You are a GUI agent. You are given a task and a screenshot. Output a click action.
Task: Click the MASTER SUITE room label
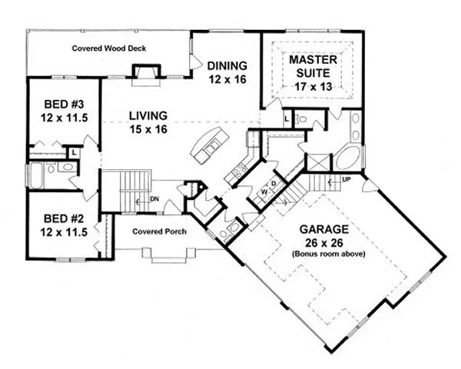313,66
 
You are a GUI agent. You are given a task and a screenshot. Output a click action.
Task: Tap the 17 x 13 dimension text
313,87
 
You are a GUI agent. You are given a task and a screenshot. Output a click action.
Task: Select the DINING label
227,65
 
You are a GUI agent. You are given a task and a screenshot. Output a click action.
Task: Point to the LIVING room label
148,115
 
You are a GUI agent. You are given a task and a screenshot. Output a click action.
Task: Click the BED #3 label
64,105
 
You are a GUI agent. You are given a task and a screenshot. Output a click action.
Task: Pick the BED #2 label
64,218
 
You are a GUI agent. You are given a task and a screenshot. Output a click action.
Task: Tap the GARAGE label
324,229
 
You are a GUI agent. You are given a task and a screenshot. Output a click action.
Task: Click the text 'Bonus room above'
328,254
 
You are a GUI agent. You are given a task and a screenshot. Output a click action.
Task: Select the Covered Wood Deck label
109,48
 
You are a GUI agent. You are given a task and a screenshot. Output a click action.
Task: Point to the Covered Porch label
159,231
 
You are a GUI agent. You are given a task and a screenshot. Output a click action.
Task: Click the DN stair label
154,199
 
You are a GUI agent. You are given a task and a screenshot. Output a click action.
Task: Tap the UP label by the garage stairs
347,179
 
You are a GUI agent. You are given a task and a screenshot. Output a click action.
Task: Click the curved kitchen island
210,145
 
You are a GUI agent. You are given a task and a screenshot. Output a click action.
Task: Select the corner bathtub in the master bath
348,158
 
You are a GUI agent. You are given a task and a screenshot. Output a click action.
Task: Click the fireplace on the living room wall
146,75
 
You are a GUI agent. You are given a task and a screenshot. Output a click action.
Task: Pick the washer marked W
264,192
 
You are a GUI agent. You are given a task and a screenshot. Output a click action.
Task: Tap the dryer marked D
274,184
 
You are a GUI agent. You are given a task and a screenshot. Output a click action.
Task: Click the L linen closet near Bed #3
74,152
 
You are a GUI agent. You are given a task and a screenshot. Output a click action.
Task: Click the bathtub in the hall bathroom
36,176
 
